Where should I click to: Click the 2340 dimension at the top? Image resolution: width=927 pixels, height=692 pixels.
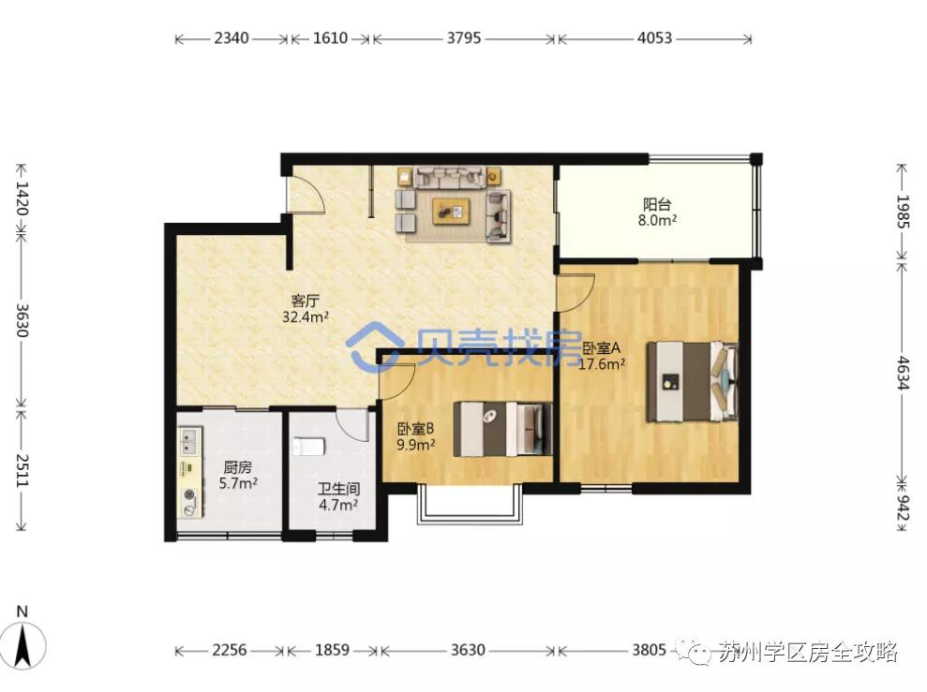pos(232,38)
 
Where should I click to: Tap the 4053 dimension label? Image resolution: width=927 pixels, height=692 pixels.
pos(654,38)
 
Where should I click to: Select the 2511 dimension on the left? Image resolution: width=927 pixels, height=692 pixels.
pos(22,470)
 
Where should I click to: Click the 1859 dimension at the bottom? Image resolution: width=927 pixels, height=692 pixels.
pos(332,650)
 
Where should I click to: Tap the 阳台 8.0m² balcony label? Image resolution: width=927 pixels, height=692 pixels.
pos(657,213)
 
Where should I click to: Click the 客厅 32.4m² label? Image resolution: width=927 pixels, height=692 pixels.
pos(305,309)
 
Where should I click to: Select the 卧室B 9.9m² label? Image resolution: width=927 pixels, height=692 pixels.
pos(415,436)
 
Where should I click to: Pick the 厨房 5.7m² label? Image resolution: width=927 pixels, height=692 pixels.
pos(238,476)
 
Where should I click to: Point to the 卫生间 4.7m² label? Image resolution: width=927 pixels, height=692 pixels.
pos(338,496)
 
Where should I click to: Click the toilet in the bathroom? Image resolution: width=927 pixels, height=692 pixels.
pos(308,447)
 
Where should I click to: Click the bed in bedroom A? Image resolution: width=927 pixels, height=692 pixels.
pos(692,381)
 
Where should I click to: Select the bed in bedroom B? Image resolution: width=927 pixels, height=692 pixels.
pos(502,429)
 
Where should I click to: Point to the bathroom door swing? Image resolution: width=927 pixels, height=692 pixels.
pos(353,424)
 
